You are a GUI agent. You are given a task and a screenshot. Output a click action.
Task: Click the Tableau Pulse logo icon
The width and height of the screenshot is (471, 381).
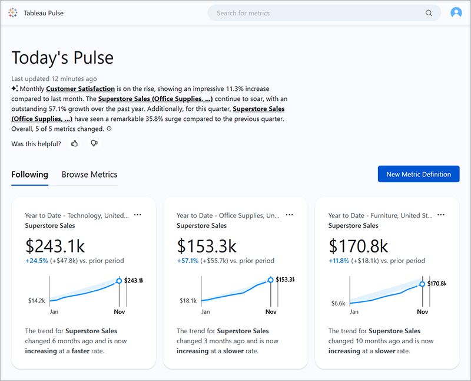[13, 13]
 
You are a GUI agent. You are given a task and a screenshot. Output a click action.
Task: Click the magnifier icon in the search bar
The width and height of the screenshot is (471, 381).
[429, 13]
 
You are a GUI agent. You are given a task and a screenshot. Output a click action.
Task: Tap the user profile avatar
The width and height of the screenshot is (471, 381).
[456, 13]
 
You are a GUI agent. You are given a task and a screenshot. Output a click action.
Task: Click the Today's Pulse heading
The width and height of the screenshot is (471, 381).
[62, 58]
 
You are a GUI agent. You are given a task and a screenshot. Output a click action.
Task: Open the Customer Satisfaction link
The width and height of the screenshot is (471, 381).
[80, 88]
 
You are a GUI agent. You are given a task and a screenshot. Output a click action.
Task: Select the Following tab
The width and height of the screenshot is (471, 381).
[29, 175]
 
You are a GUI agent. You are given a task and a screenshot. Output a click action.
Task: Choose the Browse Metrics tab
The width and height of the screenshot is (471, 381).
[89, 175]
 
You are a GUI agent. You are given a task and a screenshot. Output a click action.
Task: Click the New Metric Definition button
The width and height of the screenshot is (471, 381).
[419, 174]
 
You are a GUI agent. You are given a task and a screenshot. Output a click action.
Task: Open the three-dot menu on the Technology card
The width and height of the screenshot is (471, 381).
[138, 215]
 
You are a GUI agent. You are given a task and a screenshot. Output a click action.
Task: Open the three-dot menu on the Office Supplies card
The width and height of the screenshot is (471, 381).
[289, 215]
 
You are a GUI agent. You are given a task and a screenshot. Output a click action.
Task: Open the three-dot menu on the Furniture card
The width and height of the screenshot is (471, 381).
[441, 215]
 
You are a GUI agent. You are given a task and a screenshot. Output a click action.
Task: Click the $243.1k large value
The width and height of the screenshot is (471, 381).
[55, 245]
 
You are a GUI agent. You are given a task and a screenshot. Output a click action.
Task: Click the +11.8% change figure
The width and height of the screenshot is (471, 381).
[339, 261]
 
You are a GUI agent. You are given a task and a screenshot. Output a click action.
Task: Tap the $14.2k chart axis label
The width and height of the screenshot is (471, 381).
[37, 300]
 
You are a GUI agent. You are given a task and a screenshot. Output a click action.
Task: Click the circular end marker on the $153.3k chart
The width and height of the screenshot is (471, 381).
[271, 280]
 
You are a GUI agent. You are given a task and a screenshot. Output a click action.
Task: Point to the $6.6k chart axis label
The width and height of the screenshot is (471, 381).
[338, 303]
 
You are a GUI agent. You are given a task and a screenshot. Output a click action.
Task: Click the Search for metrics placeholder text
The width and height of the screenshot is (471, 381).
[243, 13]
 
